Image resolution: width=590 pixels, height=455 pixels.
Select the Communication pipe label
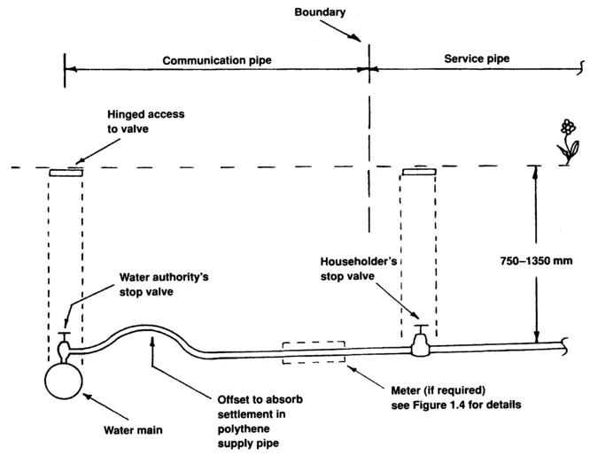pos(216,61)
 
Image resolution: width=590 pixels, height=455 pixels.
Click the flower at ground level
pos(566,139)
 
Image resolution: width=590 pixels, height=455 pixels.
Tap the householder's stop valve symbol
pos(422,341)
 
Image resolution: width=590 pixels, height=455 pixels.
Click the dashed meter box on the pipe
pos(313,352)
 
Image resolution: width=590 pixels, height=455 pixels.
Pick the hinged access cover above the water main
pos(66,174)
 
